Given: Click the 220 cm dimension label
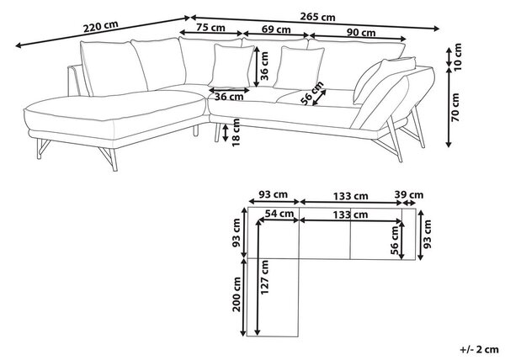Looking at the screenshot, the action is coord(101,26).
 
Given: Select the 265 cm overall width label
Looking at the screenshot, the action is coord(317,17).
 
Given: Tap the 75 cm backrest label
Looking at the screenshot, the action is coord(211,28).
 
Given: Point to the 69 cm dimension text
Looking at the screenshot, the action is coord(276,29).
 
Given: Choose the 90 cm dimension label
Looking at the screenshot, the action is coord(361,33).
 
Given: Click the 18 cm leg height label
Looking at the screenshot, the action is coord(237,132).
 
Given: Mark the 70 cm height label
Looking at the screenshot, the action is coord(455,107).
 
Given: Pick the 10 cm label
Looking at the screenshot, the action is coord(457,57).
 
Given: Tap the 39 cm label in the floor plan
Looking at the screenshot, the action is coord(409,194).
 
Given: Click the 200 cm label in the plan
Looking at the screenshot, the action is coord(237,294).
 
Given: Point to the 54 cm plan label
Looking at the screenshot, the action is coord(279,214).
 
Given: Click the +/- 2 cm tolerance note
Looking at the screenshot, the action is coord(479,349).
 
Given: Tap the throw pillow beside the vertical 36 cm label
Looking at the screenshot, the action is coord(231,66).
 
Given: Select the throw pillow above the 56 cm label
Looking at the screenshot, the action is coord(299,68).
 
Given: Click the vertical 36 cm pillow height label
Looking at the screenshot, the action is coord(264,66).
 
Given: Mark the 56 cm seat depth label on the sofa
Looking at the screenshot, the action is coord(311,93).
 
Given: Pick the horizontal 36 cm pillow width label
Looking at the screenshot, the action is coord(229,96).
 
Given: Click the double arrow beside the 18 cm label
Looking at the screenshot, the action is coord(226,132).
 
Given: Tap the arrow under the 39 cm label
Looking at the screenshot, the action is coord(409,203).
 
